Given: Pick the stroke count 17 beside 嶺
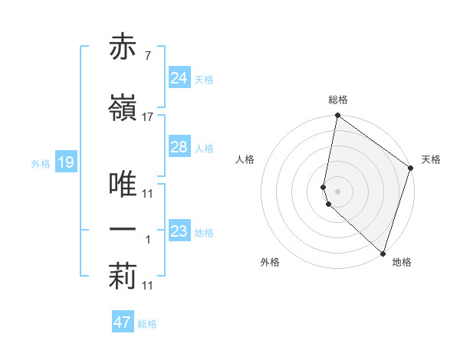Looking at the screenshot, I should pos(148,117).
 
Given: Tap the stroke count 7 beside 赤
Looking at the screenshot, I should pos(148,57).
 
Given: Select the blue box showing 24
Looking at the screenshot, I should pos(179,78).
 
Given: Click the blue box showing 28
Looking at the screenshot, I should pos(179,147).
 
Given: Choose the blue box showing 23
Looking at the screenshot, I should pos(179,231).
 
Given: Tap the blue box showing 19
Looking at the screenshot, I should pos(65,162).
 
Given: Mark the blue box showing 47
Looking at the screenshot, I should pos(122,322).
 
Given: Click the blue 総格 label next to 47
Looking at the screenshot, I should pos(147,324).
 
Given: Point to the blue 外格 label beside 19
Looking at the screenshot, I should pos(40,163).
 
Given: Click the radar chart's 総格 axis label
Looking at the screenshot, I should pos(338,100).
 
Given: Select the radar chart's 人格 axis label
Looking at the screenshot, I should pos(245,159).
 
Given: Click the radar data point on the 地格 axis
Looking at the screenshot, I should pos(383,254).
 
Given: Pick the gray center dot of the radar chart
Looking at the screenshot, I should pos(338,191).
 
